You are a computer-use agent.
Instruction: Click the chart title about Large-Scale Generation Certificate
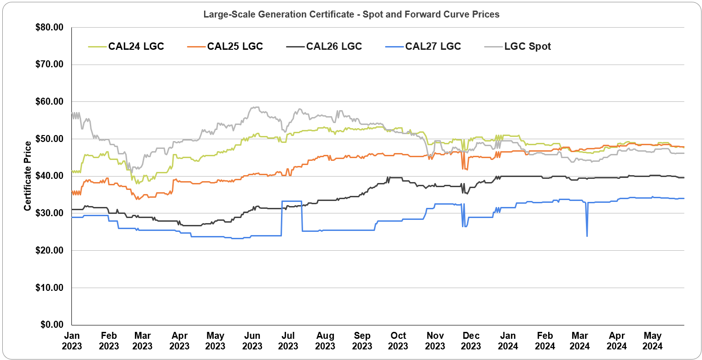pos(351,14)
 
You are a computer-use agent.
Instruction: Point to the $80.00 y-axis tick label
pos(48,27)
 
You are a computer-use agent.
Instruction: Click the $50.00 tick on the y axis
pos(48,139)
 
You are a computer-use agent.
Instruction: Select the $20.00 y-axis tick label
pos(48,250)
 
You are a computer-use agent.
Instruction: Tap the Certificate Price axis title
pos(28,176)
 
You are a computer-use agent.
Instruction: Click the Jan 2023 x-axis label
pos(72,341)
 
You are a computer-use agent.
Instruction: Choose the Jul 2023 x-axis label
pos(288,341)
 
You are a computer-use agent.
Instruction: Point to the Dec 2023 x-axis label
pos(471,341)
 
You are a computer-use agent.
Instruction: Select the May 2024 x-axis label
pos(653,341)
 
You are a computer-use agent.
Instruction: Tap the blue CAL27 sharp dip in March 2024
pos(587,236)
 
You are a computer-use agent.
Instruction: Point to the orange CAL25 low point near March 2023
pos(137,199)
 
